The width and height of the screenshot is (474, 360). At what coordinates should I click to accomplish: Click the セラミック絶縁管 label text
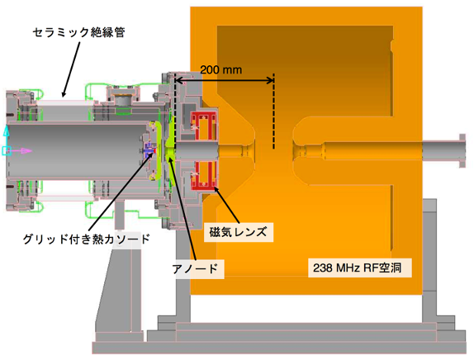(x=78, y=32)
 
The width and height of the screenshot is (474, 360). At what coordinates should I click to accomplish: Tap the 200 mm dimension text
(x=221, y=70)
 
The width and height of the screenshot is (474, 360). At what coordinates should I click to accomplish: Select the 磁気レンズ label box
(x=239, y=232)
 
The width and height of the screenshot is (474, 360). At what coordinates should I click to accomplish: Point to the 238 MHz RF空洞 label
(x=360, y=268)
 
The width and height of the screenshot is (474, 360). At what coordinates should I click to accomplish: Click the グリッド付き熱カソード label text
(x=87, y=239)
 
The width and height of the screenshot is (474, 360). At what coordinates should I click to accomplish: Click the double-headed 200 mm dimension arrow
(x=225, y=80)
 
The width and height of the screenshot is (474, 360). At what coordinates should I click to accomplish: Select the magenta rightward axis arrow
(x=21, y=151)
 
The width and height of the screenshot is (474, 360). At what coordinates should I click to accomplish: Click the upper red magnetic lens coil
(x=203, y=126)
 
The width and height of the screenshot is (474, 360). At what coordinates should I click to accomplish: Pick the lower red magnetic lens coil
(x=203, y=176)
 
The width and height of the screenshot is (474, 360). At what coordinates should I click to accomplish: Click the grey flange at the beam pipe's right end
(x=462, y=150)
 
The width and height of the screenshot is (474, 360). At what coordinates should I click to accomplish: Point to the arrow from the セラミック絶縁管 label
(x=70, y=69)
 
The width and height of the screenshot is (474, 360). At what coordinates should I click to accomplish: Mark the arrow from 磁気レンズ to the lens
(x=227, y=206)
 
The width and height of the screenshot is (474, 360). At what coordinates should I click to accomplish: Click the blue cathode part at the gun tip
(x=149, y=151)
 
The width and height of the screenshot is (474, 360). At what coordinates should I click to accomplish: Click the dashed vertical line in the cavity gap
(x=274, y=111)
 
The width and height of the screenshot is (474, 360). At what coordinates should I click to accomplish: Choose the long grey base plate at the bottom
(x=279, y=348)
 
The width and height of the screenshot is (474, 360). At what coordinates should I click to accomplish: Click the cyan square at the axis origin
(x=7, y=150)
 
